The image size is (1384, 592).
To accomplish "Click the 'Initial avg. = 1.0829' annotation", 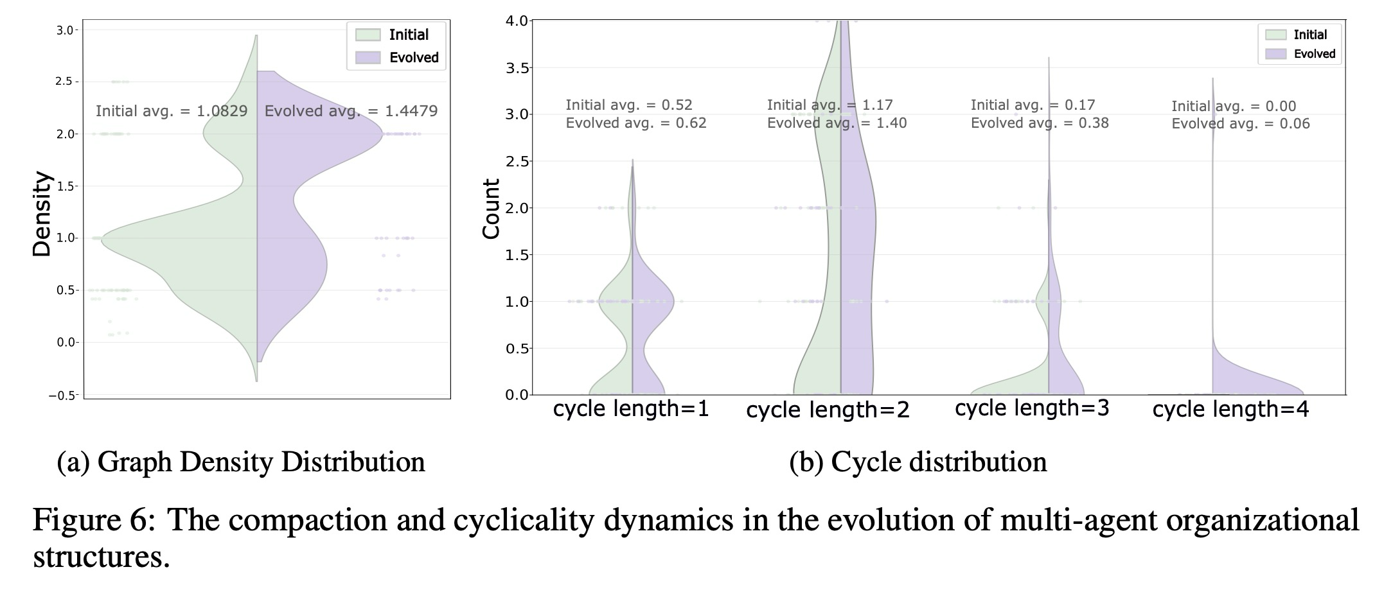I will pos(172,111).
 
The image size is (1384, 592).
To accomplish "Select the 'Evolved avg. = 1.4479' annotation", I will pos(351,111).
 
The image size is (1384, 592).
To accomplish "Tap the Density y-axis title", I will pos(42,214).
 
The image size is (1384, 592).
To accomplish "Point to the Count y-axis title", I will pos(492,209).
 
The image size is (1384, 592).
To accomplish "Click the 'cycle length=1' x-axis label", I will pos(630,409).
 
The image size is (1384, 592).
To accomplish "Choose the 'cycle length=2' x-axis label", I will pos(828,410).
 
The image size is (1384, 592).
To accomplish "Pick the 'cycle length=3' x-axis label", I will pos(1032,408).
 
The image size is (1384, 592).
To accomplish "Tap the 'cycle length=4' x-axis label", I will pos(1230,410).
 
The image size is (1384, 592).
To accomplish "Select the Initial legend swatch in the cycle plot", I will pos(1275,35).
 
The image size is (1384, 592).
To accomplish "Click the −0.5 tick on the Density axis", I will pos(64,396).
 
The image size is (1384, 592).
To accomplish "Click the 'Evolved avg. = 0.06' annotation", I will pos(1240,124).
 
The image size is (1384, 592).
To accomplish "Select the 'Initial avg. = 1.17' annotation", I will pos(830,105).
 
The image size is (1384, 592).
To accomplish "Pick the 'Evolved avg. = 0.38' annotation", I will pos(1039,123).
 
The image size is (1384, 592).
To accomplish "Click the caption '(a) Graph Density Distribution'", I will pos(241,462).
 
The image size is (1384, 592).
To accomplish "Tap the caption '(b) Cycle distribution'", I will pos(918,462).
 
